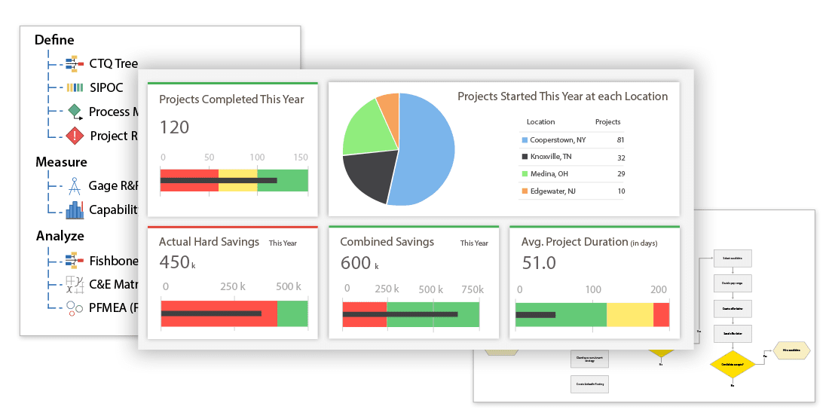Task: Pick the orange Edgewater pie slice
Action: click(x=389, y=109)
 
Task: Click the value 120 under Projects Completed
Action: click(x=174, y=127)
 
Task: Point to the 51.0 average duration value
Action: click(x=538, y=263)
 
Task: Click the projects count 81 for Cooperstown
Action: click(x=619, y=140)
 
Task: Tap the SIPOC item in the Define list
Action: click(x=106, y=87)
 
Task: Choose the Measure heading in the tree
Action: click(x=61, y=162)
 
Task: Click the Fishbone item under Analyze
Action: click(x=113, y=261)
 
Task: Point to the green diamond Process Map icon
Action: click(x=74, y=112)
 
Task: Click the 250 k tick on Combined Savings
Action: click(x=387, y=289)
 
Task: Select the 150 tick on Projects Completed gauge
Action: click(x=300, y=158)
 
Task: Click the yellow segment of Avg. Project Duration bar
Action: click(x=629, y=315)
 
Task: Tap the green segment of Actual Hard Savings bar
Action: click(x=292, y=313)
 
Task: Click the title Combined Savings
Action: click(x=387, y=242)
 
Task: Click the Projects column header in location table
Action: click(x=607, y=122)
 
